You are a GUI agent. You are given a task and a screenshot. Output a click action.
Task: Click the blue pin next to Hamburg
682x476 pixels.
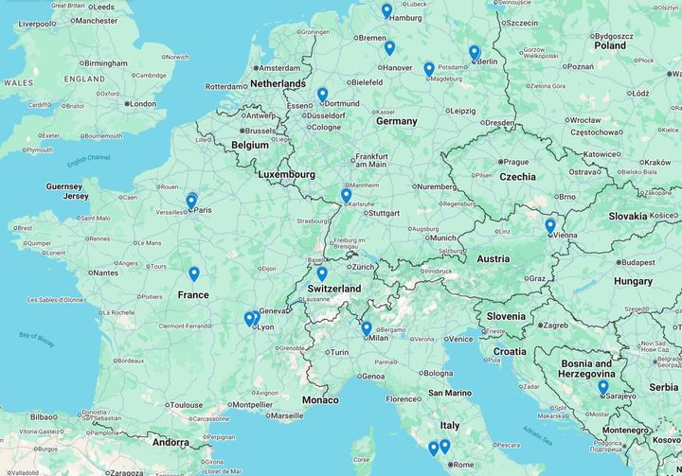(x=386, y=10)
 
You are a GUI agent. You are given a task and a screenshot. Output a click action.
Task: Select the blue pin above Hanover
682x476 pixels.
(x=389, y=47)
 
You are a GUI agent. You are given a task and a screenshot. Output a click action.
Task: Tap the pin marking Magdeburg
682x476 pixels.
(x=429, y=68)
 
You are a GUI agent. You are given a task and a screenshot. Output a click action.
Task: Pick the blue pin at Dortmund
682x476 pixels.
(x=322, y=94)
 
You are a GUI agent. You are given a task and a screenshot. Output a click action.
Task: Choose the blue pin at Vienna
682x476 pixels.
(x=549, y=225)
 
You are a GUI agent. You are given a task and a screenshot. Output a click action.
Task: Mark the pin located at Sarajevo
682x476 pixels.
(x=602, y=386)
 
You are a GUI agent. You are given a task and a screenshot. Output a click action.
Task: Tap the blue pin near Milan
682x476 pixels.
(x=367, y=327)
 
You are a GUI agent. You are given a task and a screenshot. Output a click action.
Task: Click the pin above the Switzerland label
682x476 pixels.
(x=322, y=273)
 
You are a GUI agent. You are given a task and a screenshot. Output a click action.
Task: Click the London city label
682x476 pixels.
(x=142, y=104)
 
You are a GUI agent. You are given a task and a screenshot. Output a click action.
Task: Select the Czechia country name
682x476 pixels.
(x=518, y=177)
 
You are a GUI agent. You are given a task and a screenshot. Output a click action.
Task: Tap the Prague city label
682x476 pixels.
(x=516, y=162)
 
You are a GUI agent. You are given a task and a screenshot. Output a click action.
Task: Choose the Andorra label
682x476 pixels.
(x=171, y=442)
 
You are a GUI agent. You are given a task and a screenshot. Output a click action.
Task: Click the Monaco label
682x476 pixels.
(x=319, y=400)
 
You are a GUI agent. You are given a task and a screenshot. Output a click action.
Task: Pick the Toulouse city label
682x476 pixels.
(x=186, y=405)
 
